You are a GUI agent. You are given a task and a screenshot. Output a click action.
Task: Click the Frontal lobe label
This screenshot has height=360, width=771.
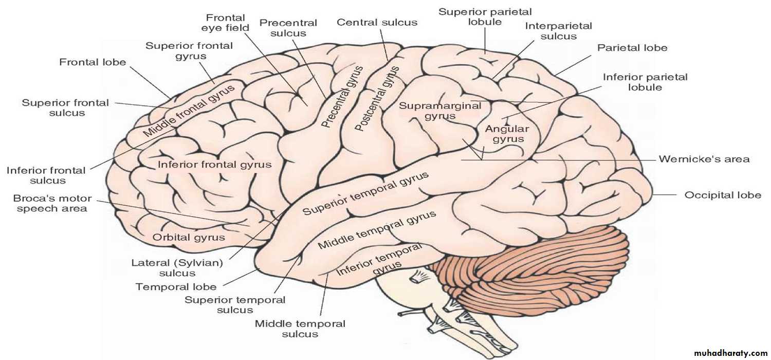pos(93,62)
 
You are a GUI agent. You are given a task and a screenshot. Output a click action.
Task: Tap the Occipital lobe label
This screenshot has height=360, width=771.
pos(723,195)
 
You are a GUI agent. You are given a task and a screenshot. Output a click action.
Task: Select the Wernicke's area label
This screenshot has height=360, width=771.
pos(704,159)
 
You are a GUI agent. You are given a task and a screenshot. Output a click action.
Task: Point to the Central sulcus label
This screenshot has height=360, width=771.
pos(377,23)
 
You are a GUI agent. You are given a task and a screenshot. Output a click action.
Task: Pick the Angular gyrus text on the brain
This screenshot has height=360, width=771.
pos(508,134)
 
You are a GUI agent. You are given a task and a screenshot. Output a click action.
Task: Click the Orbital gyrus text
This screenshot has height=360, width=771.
pos(189,238)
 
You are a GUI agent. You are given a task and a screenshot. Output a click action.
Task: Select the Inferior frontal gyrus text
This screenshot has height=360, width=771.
pos(214,165)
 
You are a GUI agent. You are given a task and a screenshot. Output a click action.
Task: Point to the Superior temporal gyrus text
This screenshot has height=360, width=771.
pos(365,194)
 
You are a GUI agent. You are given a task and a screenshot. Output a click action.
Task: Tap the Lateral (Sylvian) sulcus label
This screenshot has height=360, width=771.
pos(177,268)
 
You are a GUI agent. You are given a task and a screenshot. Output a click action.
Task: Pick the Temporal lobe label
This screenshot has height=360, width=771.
pos(176,287)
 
